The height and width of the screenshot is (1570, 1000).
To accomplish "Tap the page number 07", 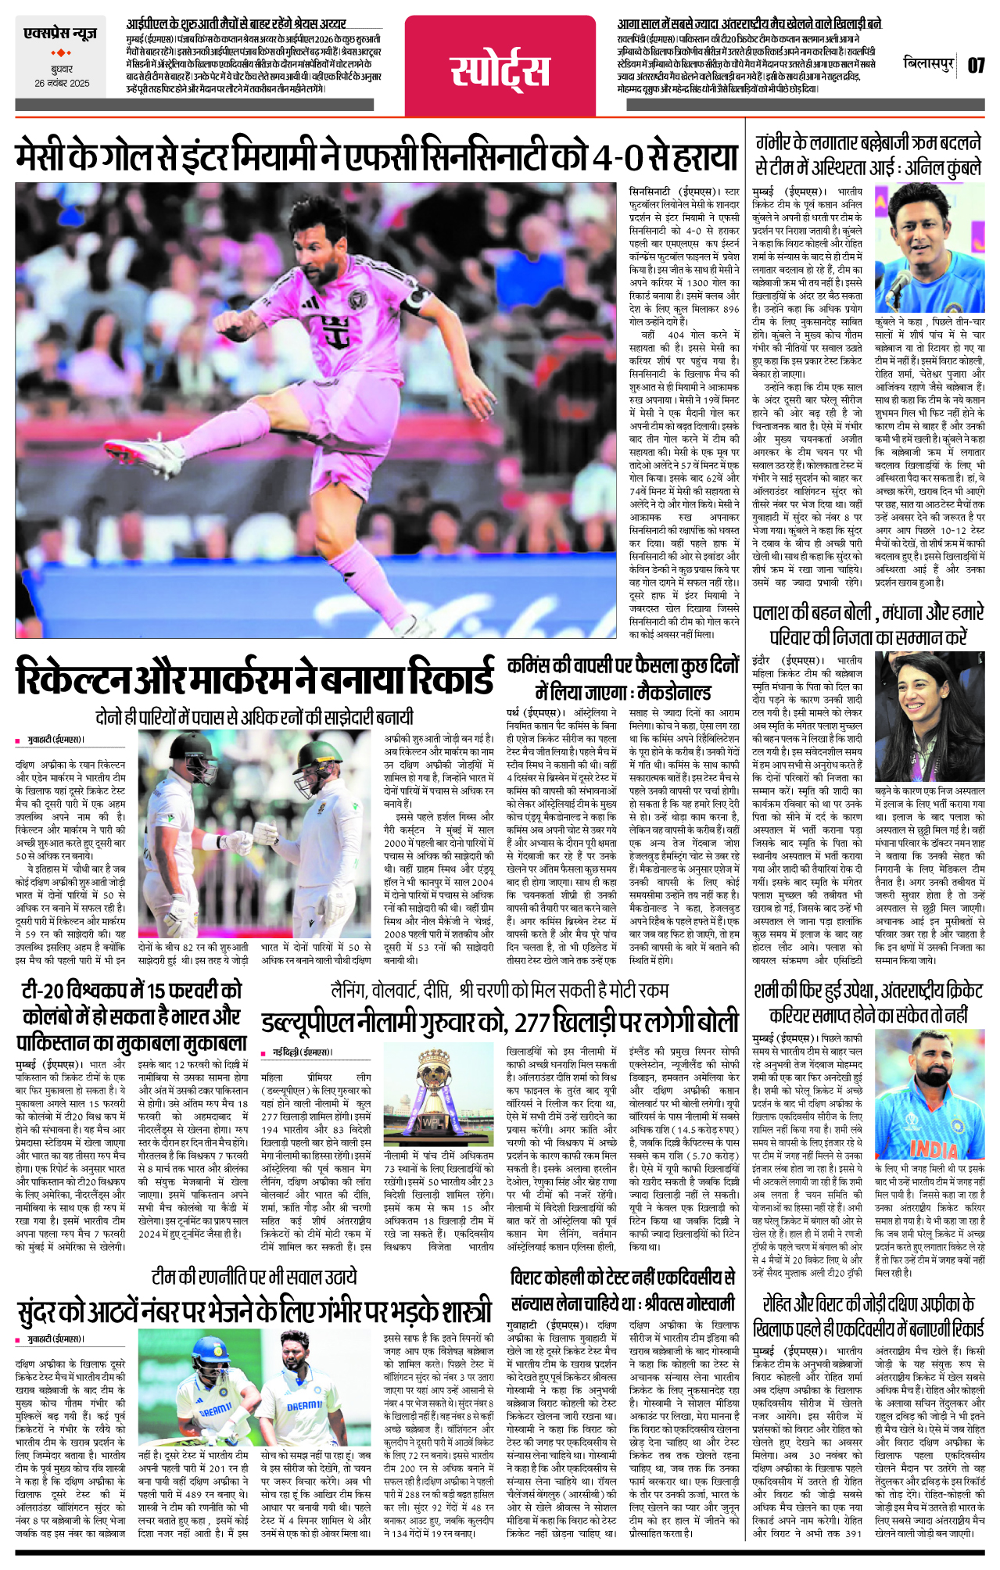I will [x=975, y=65].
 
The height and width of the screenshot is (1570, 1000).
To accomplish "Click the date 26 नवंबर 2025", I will [x=62, y=84].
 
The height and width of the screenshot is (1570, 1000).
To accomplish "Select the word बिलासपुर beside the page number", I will [x=929, y=63].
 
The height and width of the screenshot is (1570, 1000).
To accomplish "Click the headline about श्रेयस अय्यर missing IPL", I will [x=236, y=23].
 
